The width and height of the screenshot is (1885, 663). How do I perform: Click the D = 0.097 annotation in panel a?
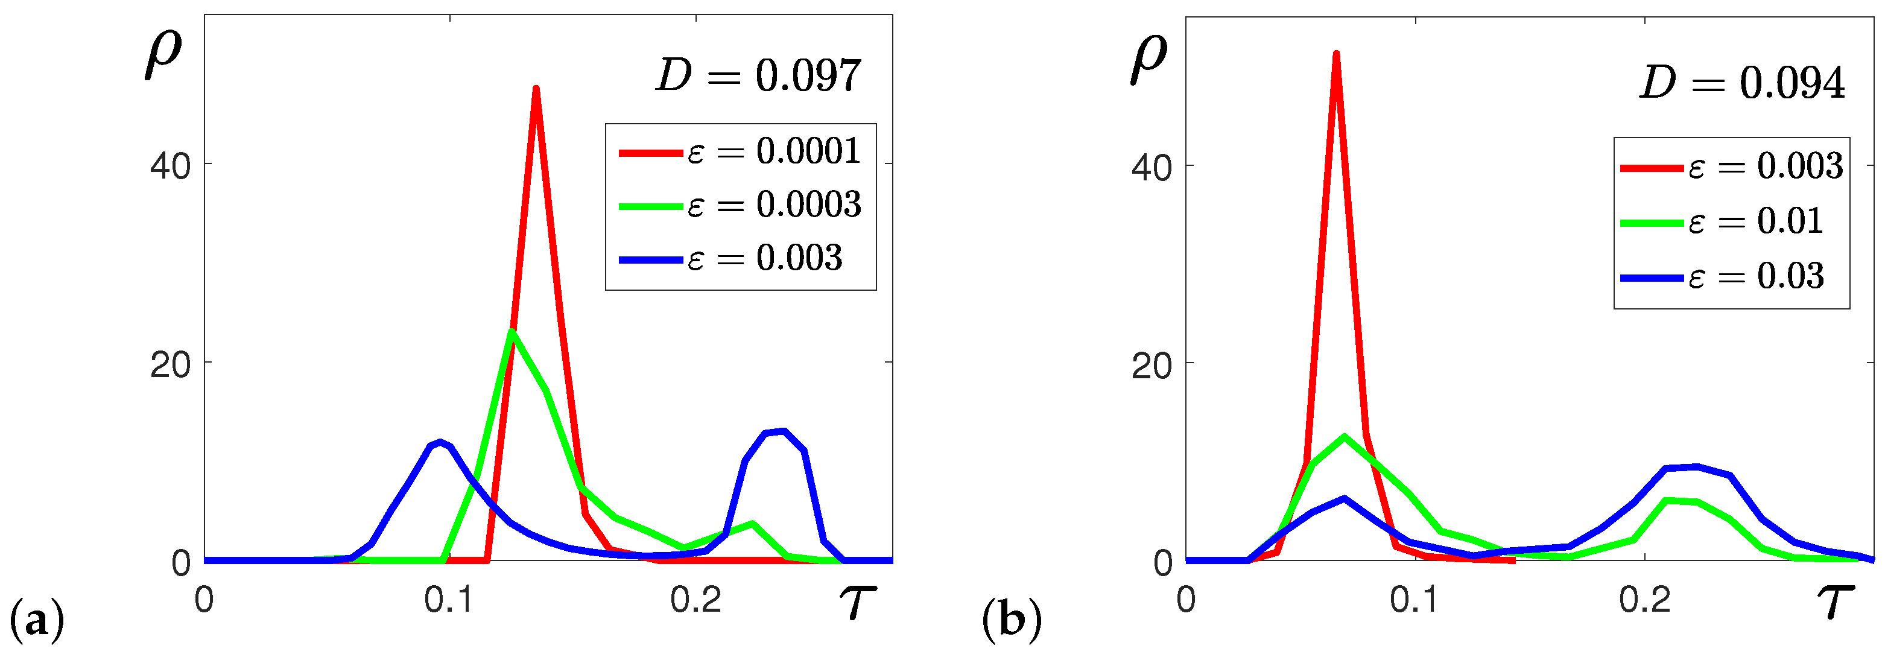point(758,75)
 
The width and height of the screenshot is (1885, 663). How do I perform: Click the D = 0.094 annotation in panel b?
point(1741,83)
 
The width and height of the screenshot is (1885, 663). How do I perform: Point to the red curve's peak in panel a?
point(536,89)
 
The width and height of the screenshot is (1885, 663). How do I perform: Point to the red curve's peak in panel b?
point(1336,54)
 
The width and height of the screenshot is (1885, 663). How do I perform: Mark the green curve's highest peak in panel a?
point(512,332)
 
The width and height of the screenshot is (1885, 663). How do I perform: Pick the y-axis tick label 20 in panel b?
point(1151,365)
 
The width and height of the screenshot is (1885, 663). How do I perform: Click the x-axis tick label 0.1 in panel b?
point(1414,600)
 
